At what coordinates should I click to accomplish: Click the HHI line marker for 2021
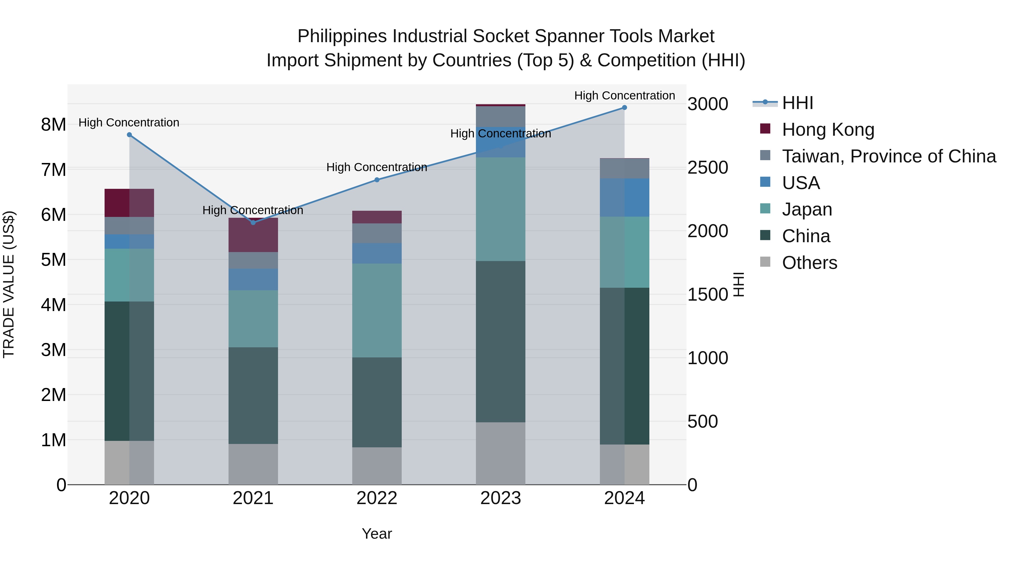[253, 223]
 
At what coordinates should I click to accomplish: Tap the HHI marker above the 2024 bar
[624, 108]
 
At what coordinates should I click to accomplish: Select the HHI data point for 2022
[377, 180]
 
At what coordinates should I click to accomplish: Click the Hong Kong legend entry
[828, 130]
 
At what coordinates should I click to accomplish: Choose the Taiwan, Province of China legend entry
[889, 156]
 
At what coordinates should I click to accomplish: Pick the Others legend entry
[809, 263]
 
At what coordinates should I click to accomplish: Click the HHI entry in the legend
[798, 103]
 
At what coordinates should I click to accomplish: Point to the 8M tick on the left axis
[53, 125]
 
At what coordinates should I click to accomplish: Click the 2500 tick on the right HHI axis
[708, 168]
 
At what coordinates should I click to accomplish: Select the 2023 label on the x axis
[500, 498]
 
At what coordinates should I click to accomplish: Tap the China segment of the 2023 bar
[500, 342]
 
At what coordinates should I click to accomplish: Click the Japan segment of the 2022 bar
[377, 310]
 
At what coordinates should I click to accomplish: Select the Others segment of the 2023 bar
[500, 453]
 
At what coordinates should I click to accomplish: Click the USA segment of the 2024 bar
[624, 198]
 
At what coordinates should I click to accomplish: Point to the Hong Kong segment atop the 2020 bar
[129, 203]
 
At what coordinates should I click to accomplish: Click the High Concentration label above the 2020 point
[129, 123]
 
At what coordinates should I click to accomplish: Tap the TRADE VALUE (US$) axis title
[9, 284]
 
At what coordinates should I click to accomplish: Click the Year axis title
[377, 534]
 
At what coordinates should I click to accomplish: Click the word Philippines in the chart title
[342, 36]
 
